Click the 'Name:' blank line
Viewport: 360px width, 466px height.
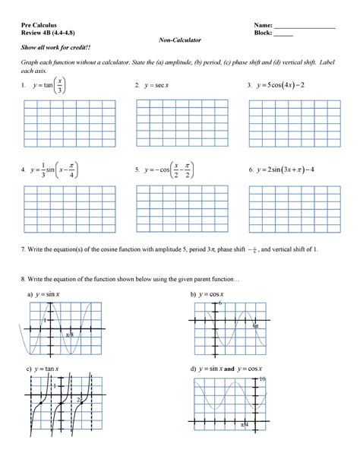305,27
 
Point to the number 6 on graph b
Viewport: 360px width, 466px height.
220,303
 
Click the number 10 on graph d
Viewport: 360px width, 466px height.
262,379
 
